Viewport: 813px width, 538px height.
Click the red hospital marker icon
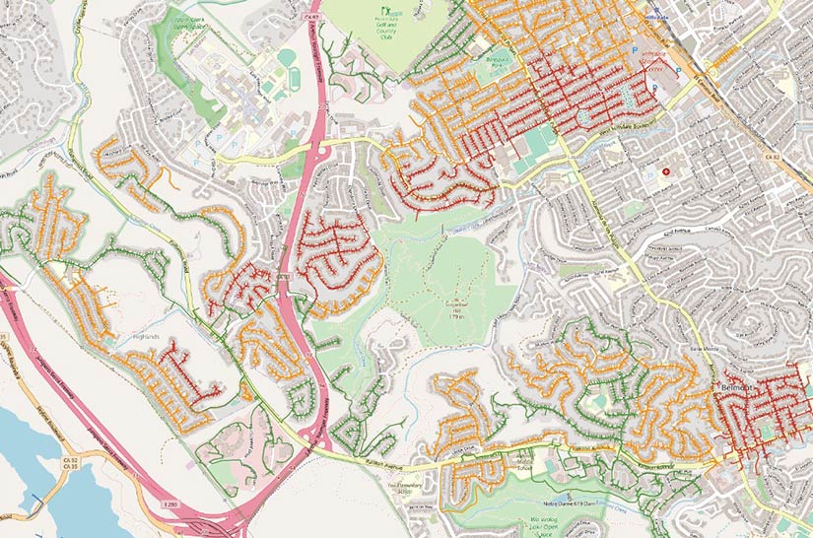pos(666,170)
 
